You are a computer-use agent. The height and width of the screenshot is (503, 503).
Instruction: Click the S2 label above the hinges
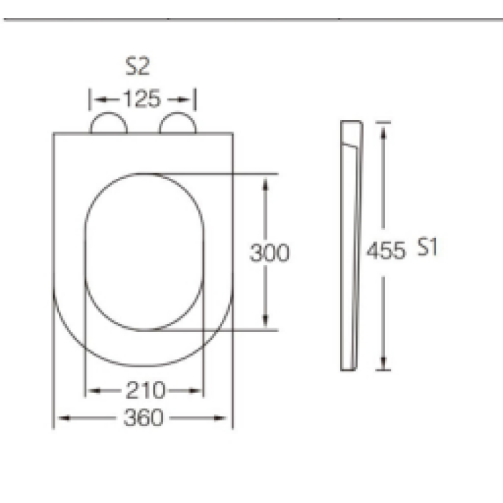coord(137,66)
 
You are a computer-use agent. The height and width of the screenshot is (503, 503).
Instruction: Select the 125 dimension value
coord(142,98)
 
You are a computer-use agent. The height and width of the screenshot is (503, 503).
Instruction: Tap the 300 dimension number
coord(269,253)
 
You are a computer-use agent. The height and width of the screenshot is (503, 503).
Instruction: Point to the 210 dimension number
coord(146,390)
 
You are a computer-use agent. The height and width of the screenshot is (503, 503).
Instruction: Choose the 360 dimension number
coord(144,417)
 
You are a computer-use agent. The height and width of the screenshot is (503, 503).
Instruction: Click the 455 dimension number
coord(386,251)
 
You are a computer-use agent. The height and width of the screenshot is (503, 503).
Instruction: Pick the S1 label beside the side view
coord(428,246)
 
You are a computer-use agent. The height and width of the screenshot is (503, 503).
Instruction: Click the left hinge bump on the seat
coord(109,113)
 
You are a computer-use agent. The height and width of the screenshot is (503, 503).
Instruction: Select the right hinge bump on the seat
coord(177,113)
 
